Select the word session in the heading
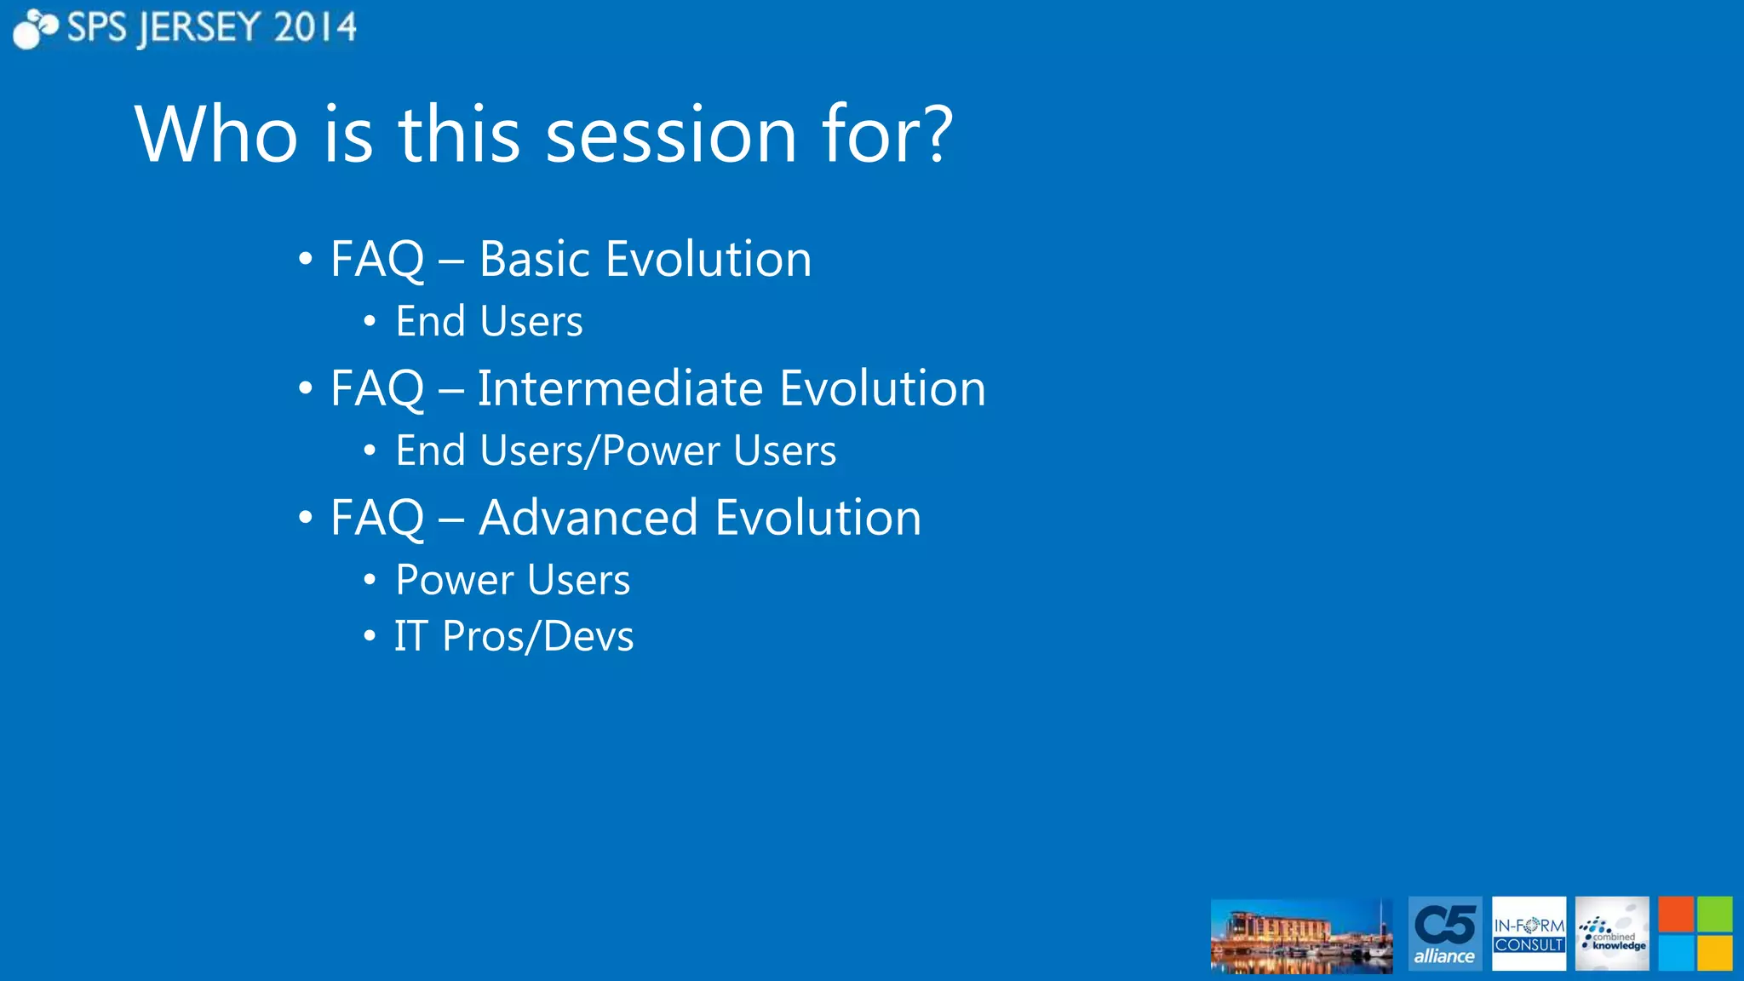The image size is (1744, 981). coord(671,136)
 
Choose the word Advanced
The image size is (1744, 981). coord(588,518)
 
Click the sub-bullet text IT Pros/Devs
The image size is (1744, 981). coord(513,636)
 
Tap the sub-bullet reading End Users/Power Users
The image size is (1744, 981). coord(615,450)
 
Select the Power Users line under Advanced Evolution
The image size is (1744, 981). coord(513,580)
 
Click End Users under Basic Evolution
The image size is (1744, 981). coord(489,322)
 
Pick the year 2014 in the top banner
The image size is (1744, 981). coord(314,28)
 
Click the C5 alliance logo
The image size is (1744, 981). coord(1444,934)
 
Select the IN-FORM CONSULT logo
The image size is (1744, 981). coord(1529,934)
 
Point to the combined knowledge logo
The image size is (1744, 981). coord(1611,934)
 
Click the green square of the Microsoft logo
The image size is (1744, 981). coord(1714,915)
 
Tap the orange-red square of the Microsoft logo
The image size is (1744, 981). coord(1676,915)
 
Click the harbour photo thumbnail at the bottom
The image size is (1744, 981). coord(1301,936)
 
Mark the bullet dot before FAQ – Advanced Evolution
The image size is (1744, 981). coord(306,518)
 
